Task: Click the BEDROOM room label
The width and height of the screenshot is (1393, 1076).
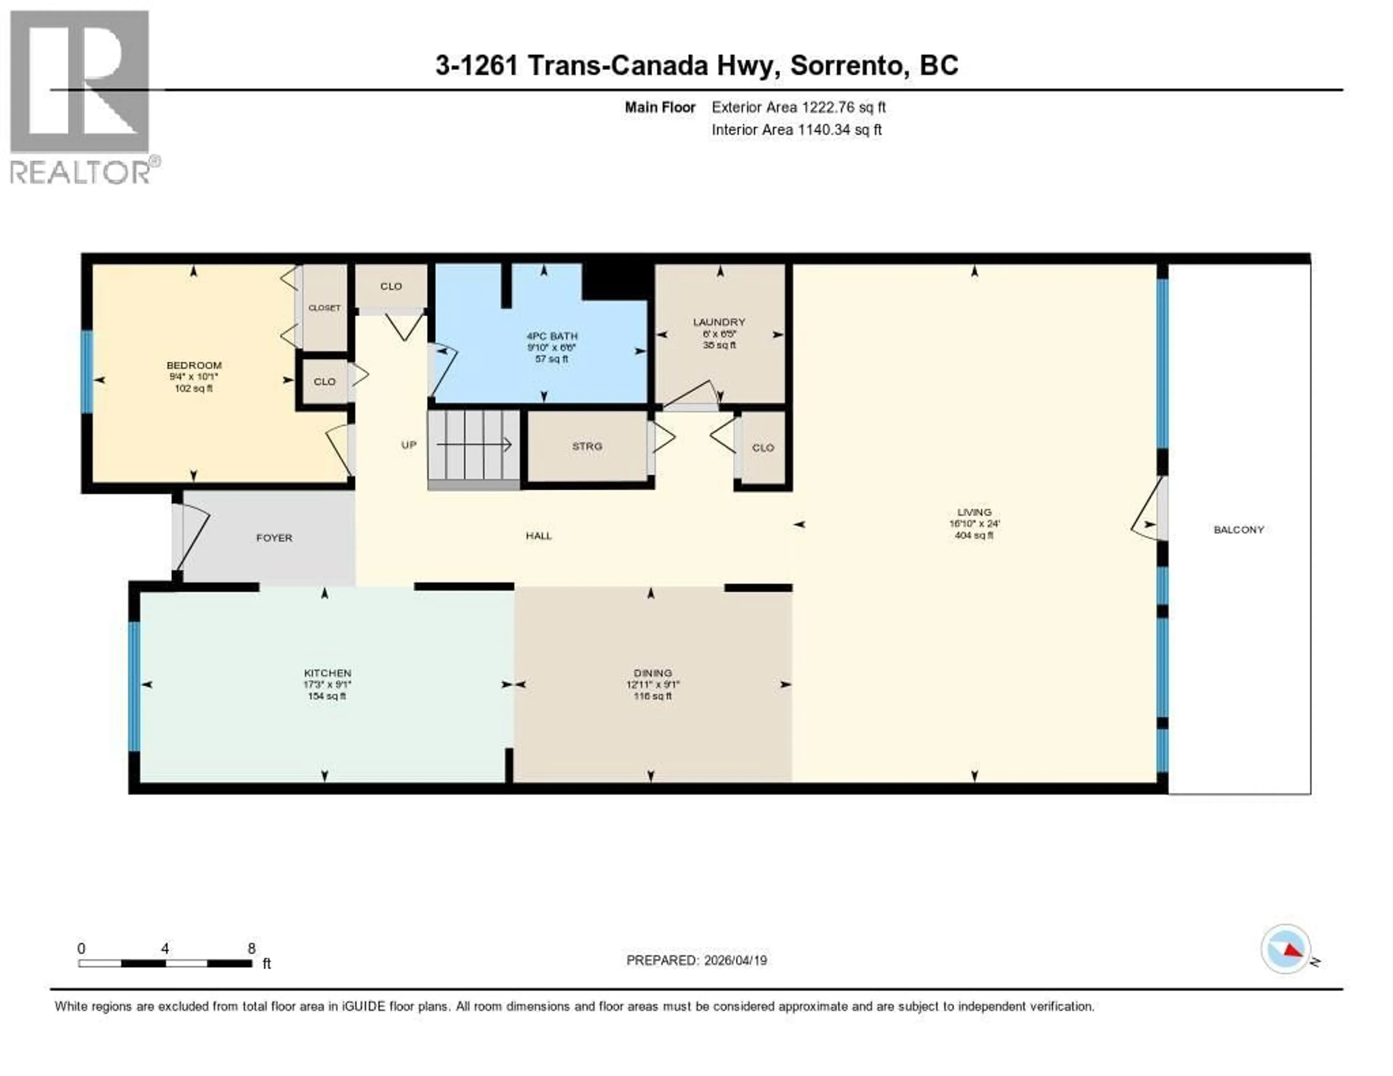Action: (x=194, y=365)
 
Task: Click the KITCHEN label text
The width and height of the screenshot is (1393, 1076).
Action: (x=327, y=673)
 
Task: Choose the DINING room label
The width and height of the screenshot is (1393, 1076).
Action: (x=653, y=673)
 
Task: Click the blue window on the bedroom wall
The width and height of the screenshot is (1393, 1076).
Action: (x=87, y=371)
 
